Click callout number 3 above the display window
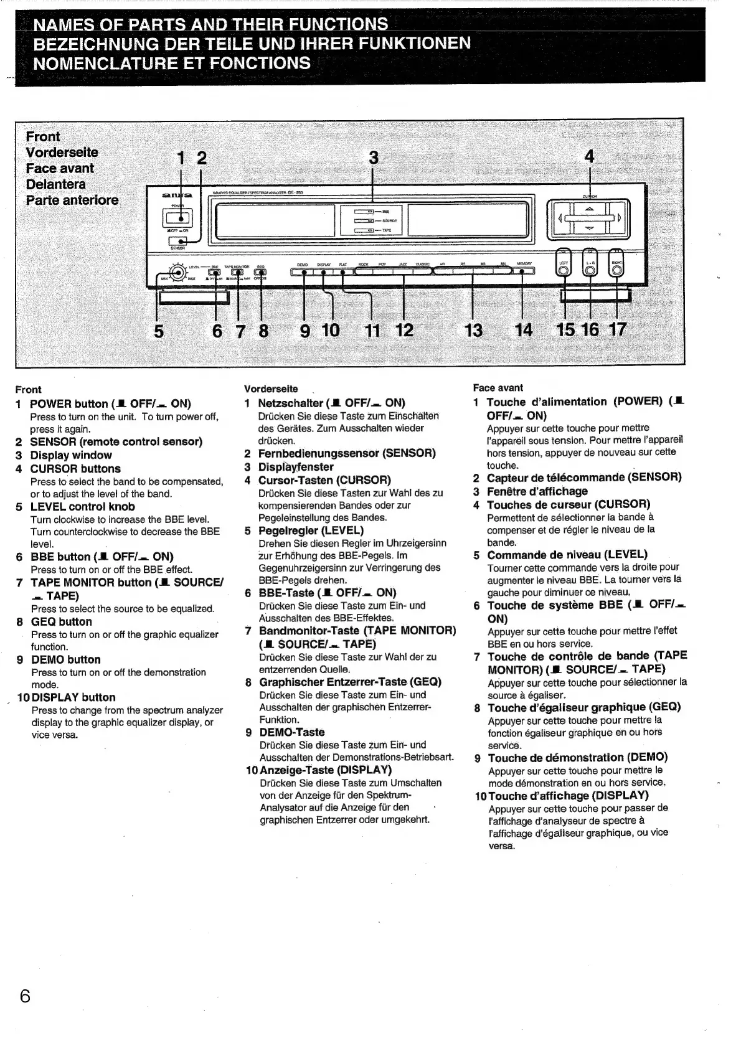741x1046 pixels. click(374, 158)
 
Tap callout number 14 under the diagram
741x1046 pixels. click(524, 330)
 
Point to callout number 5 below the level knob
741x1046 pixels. click(159, 331)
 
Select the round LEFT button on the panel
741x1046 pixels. click(564, 269)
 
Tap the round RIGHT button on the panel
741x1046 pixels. click(616, 269)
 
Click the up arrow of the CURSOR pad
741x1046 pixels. click(589, 209)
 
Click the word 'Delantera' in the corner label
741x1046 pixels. click(56, 184)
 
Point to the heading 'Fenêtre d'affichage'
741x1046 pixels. click(537, 491)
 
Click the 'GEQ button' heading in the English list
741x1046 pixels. click(62, 621)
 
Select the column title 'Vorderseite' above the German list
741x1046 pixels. click(271, 389)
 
